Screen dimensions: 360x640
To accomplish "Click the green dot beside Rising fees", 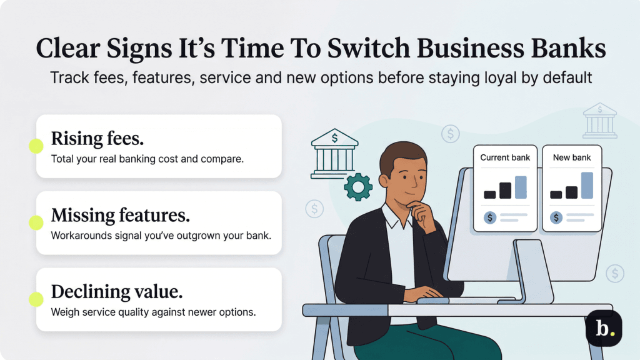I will coord(36,146).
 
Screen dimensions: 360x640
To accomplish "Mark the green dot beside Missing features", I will coord(36,222).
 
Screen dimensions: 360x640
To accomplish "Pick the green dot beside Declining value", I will coord(36,299).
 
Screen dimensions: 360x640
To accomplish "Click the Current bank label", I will coord(504,157).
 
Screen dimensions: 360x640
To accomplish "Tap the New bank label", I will coord(571,157).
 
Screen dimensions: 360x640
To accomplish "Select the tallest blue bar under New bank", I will coord(587,186).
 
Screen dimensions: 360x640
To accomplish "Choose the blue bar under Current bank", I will coord(521,187).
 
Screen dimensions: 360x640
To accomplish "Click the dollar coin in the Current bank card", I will coord(490,217).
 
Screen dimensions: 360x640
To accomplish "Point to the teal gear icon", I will coord(358,187).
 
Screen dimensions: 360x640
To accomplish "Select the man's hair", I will coord(402,155).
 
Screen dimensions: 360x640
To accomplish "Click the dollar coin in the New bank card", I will coord(556,217).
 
